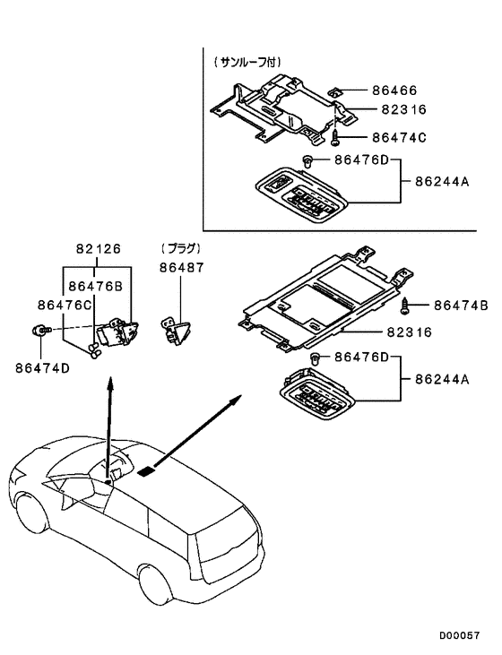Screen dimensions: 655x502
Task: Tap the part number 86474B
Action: point(460,306)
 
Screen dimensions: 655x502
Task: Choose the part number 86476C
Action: point(65,305)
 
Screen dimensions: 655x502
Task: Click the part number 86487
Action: point(182,267)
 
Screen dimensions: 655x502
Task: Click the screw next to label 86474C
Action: point(335,137)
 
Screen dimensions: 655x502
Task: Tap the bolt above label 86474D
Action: point(41,330)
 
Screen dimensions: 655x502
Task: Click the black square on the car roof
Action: point(147,468)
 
